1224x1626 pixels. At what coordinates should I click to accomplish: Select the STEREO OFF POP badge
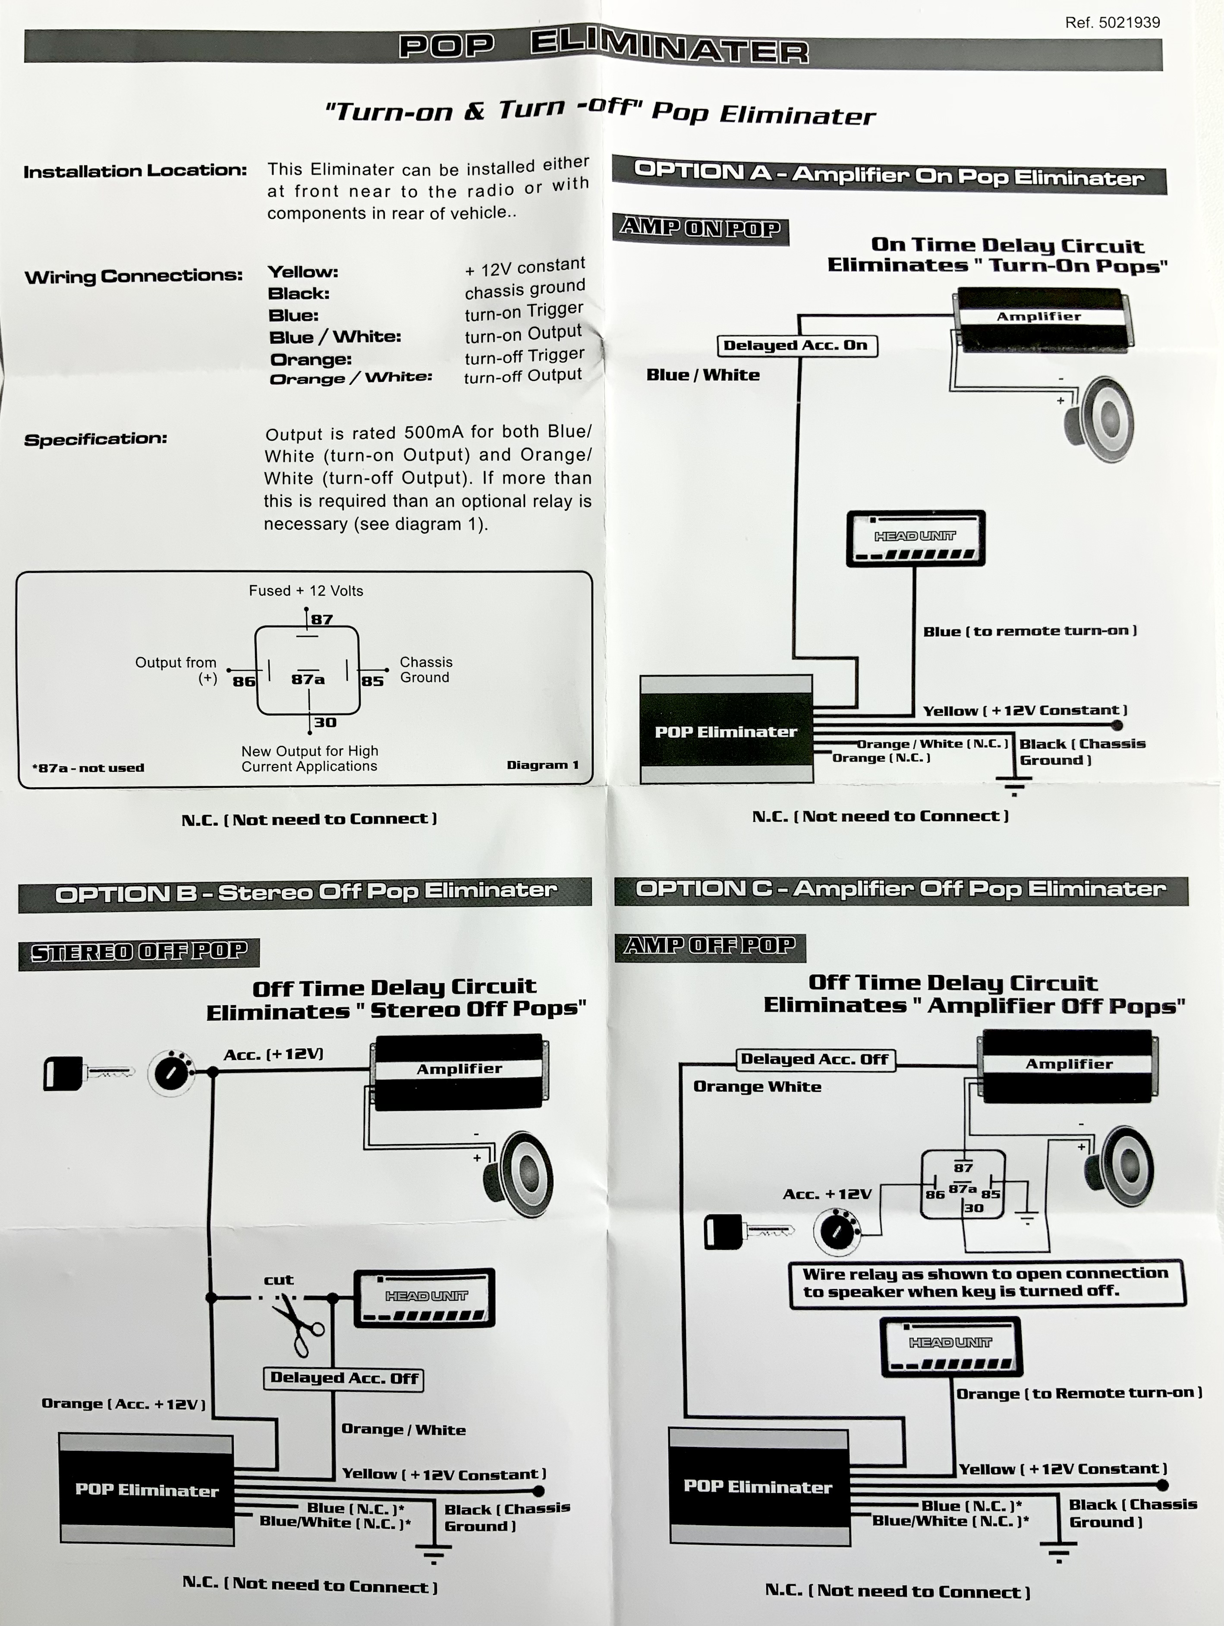click(x=139, y=952)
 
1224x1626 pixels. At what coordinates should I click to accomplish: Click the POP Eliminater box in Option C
click(x=758, y=1486)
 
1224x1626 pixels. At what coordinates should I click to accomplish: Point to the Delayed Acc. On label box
click(x=796, y=346)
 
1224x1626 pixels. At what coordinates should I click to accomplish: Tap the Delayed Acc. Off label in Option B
click(x=343, y=1378)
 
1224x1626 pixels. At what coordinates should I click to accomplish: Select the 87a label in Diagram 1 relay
click(x=307, y=679)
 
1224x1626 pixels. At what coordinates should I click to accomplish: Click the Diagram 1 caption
click(x=542, y=764)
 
